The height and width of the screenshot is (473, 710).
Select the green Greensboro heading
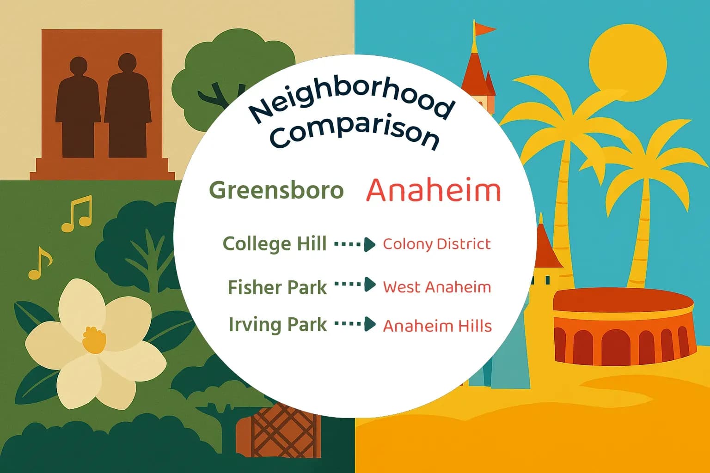pos(276,190)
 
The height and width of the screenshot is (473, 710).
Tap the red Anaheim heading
pos(434,190)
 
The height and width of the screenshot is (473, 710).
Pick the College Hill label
pos(275,244)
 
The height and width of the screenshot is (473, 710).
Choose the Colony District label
pos(437,244)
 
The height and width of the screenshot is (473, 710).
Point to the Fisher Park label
pos(277,287)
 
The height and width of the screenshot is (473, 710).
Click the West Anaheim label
pos(437,287)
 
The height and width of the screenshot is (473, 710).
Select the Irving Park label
pos(278,325)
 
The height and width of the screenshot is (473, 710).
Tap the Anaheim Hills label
pos(437,326)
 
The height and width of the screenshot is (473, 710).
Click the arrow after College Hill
pos(355,244)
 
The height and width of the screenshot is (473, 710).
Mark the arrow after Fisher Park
pos(355,285)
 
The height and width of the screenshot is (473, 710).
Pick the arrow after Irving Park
pos(355,324)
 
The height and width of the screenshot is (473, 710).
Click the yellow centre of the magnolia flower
pos(94,340)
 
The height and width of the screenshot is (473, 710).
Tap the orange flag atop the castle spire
pos(484,29)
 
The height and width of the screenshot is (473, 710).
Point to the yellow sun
pos(628,60)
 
